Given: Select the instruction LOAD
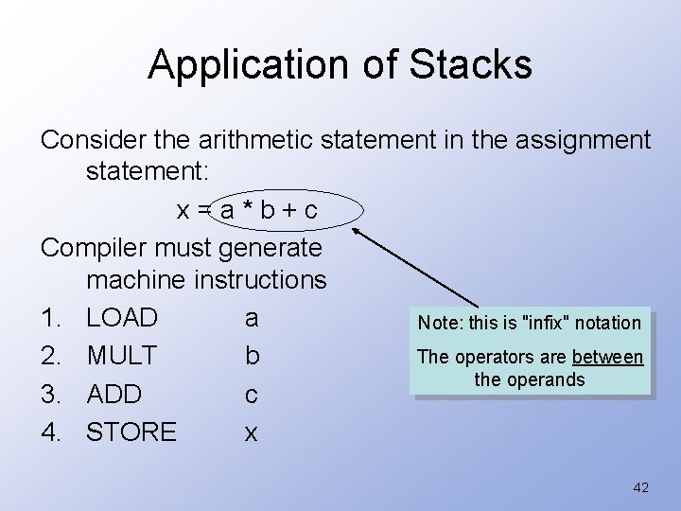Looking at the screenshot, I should (x=122, y=316).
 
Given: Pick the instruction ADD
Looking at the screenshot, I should (x=113, y=394).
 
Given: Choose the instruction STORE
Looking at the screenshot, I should (x=131, y=432).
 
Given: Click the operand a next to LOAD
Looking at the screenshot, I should (x=250, y=316).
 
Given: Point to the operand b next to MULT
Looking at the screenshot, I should (x=250, y=356).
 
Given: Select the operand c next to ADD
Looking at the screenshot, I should (x=250, y=394).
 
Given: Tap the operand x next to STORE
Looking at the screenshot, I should (x=250, y=432).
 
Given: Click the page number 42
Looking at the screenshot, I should (x=640, y=487).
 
